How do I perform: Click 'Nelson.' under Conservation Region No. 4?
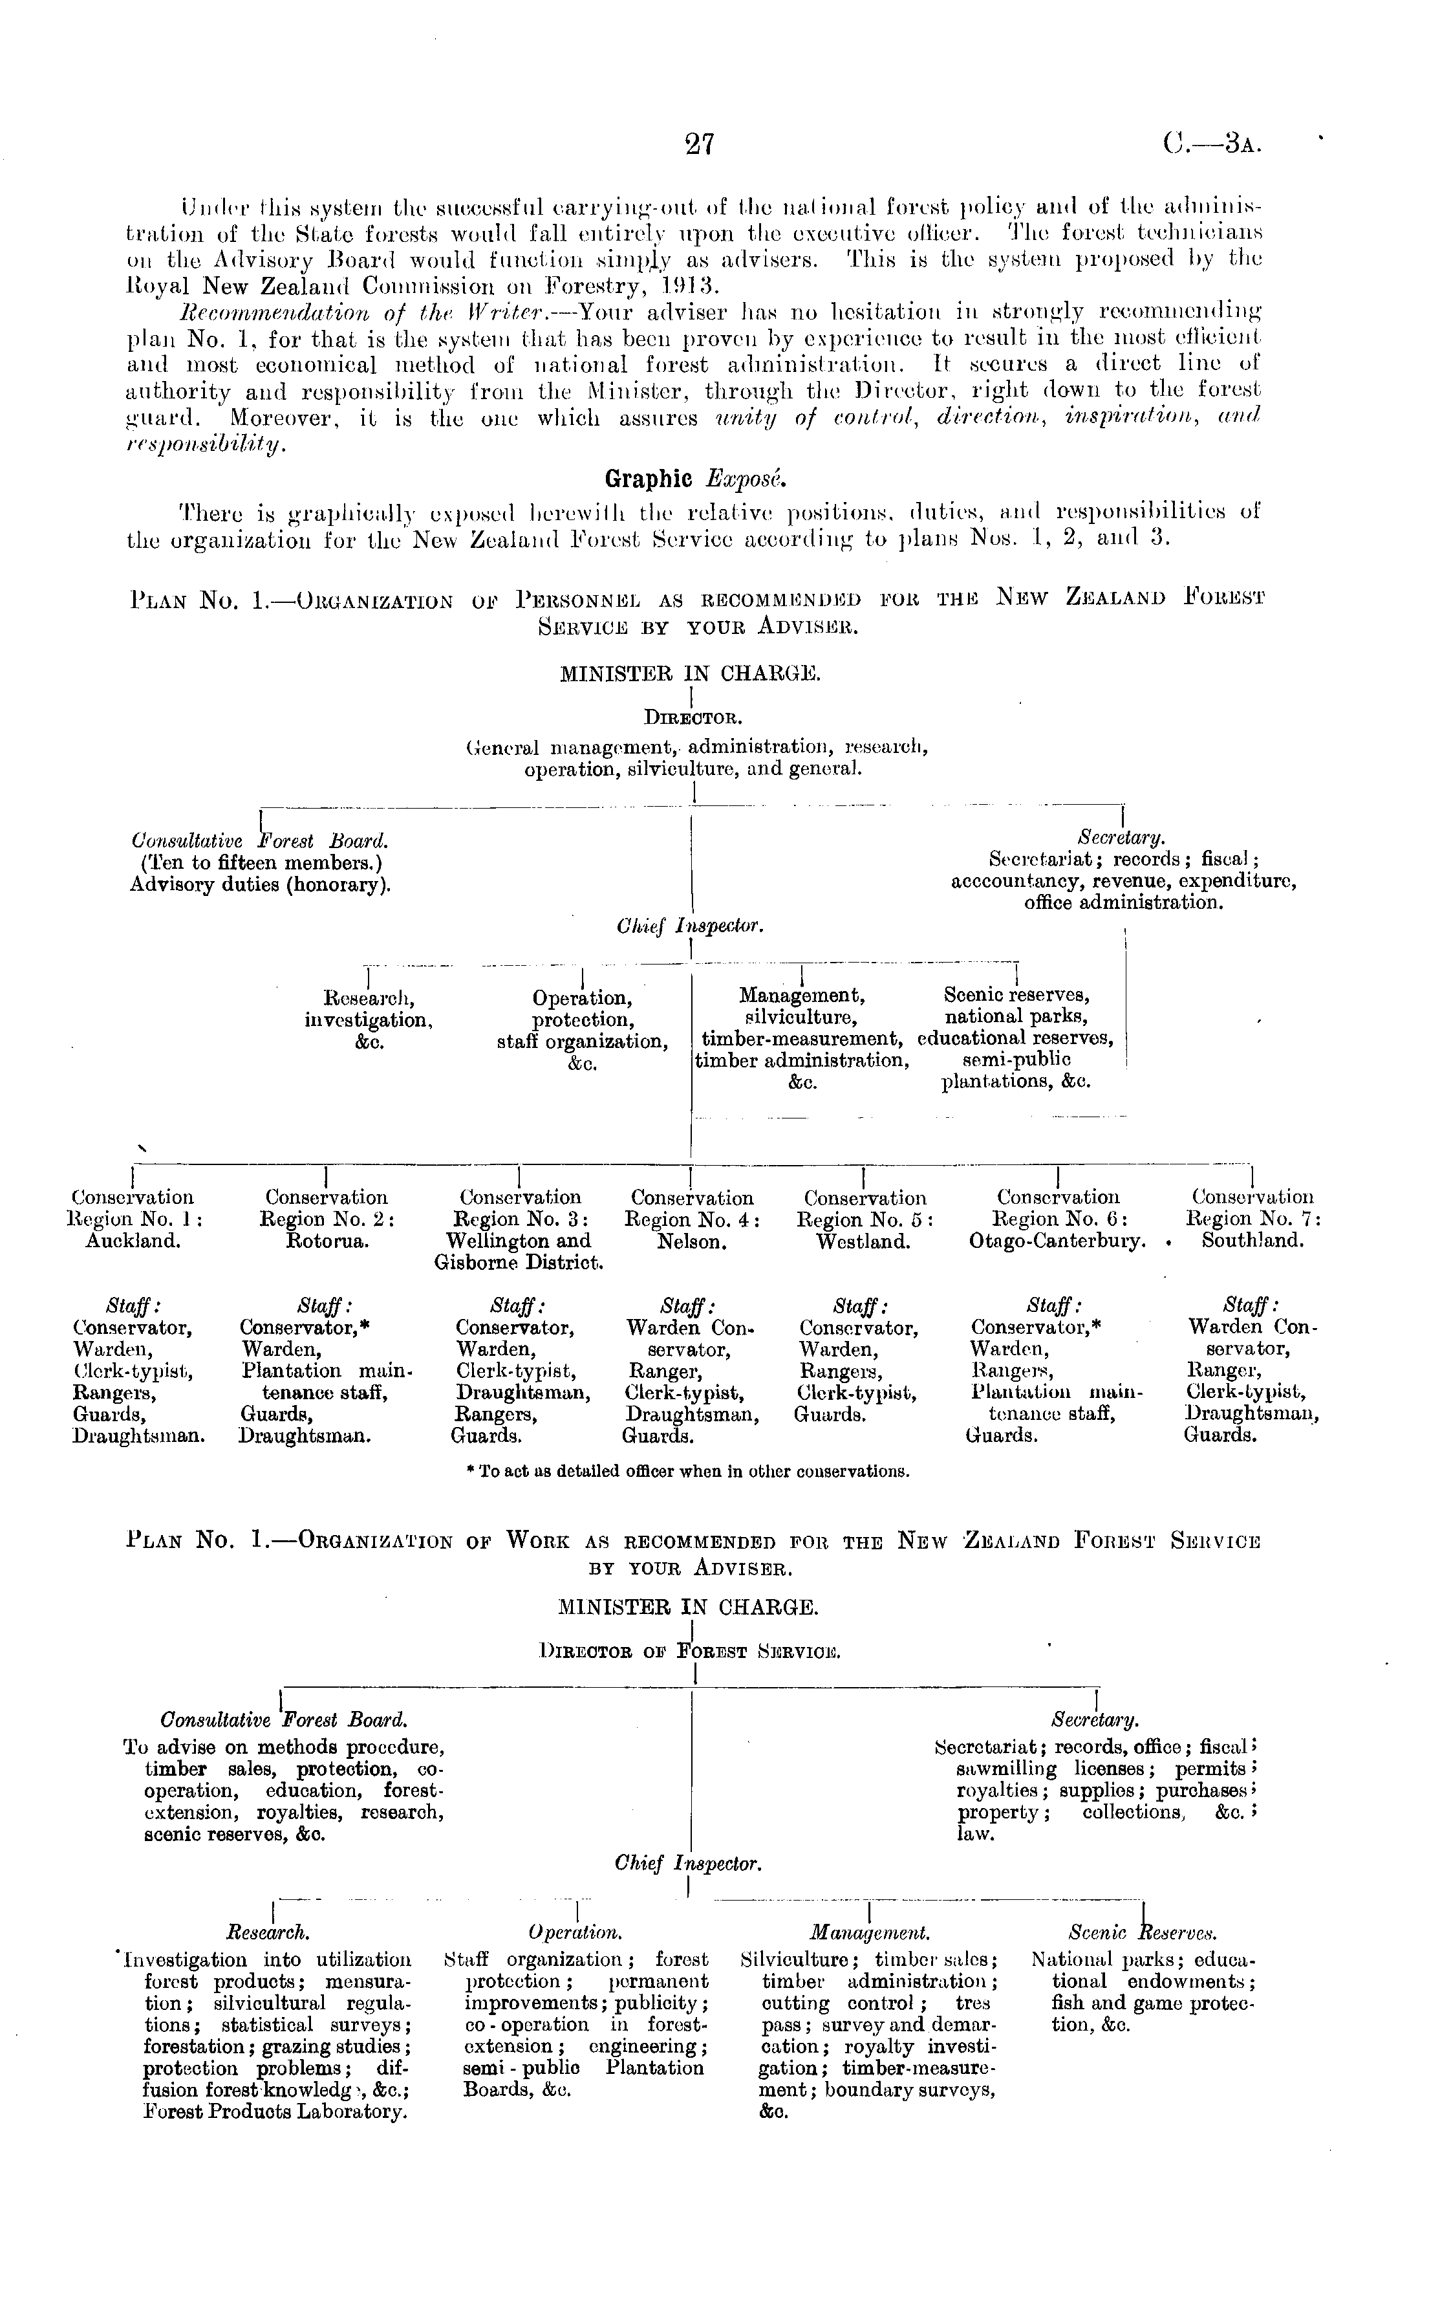(x=691, y=1241)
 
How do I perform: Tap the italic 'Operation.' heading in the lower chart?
(x=575, y=1932)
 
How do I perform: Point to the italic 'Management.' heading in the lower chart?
(x=870, y=1932)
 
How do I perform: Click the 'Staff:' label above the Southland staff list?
(x=1251, y=1305)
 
